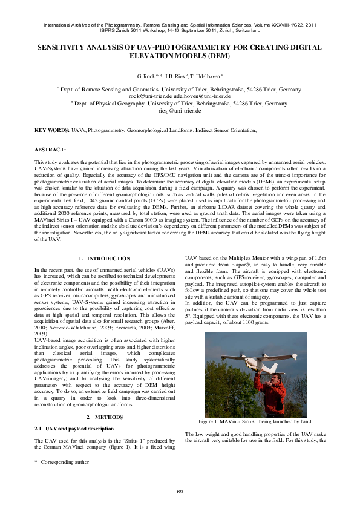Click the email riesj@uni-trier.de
click(x=180, y=111)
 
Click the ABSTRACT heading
click(x=50, y=149)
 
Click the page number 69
click(x=180, y=491)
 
